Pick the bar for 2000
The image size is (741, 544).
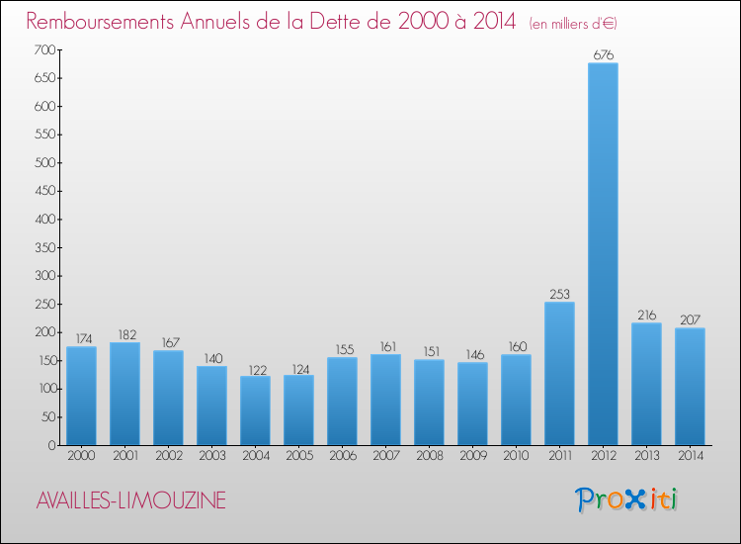[81, 396]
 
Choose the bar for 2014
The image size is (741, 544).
[690, 386]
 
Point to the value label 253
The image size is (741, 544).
[559, 294]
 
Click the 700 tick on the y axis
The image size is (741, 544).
[42, 49]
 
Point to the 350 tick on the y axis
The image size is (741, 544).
[42, 247]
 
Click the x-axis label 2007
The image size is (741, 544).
[385, 457]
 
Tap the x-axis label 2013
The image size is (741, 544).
[646, 457]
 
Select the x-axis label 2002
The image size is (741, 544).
[168, 457]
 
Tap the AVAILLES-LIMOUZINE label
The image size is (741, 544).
[130, 501]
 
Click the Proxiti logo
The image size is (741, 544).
[627, 499]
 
